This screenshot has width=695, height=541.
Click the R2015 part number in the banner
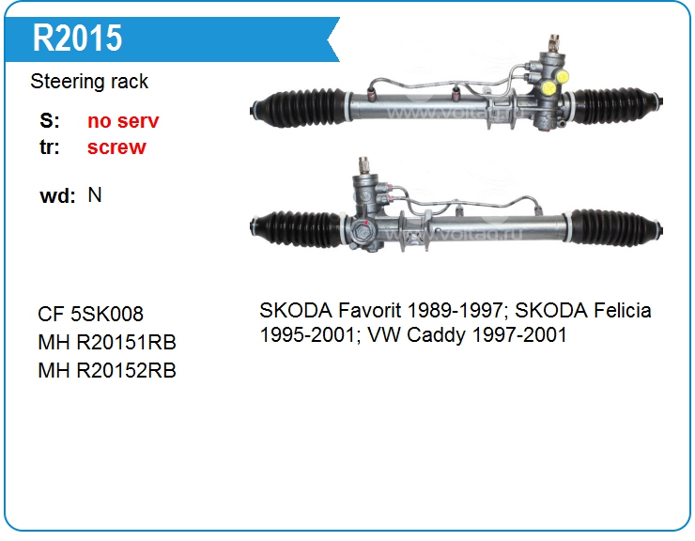[78, 39]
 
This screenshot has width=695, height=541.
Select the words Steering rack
[89, 82]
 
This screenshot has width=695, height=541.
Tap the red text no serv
[123, 120]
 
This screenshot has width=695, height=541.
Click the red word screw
[116, 147]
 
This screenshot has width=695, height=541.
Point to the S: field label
[50, 120]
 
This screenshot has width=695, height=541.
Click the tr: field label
[50, 147]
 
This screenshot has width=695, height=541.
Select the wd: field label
[57, 195]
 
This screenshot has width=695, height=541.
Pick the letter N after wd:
[95, 195]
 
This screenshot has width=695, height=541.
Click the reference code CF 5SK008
[90, 314]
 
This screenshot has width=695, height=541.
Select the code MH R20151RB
[107, 342]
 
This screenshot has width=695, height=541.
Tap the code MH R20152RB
[107, 371]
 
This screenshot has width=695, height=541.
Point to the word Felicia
[623, 310]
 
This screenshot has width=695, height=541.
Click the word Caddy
[436, 335]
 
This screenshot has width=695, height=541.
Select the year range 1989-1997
[457, 310]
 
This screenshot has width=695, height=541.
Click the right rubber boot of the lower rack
[615, 228]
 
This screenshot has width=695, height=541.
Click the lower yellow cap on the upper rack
[548, 88]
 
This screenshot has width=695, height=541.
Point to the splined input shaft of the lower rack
[363, 165]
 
